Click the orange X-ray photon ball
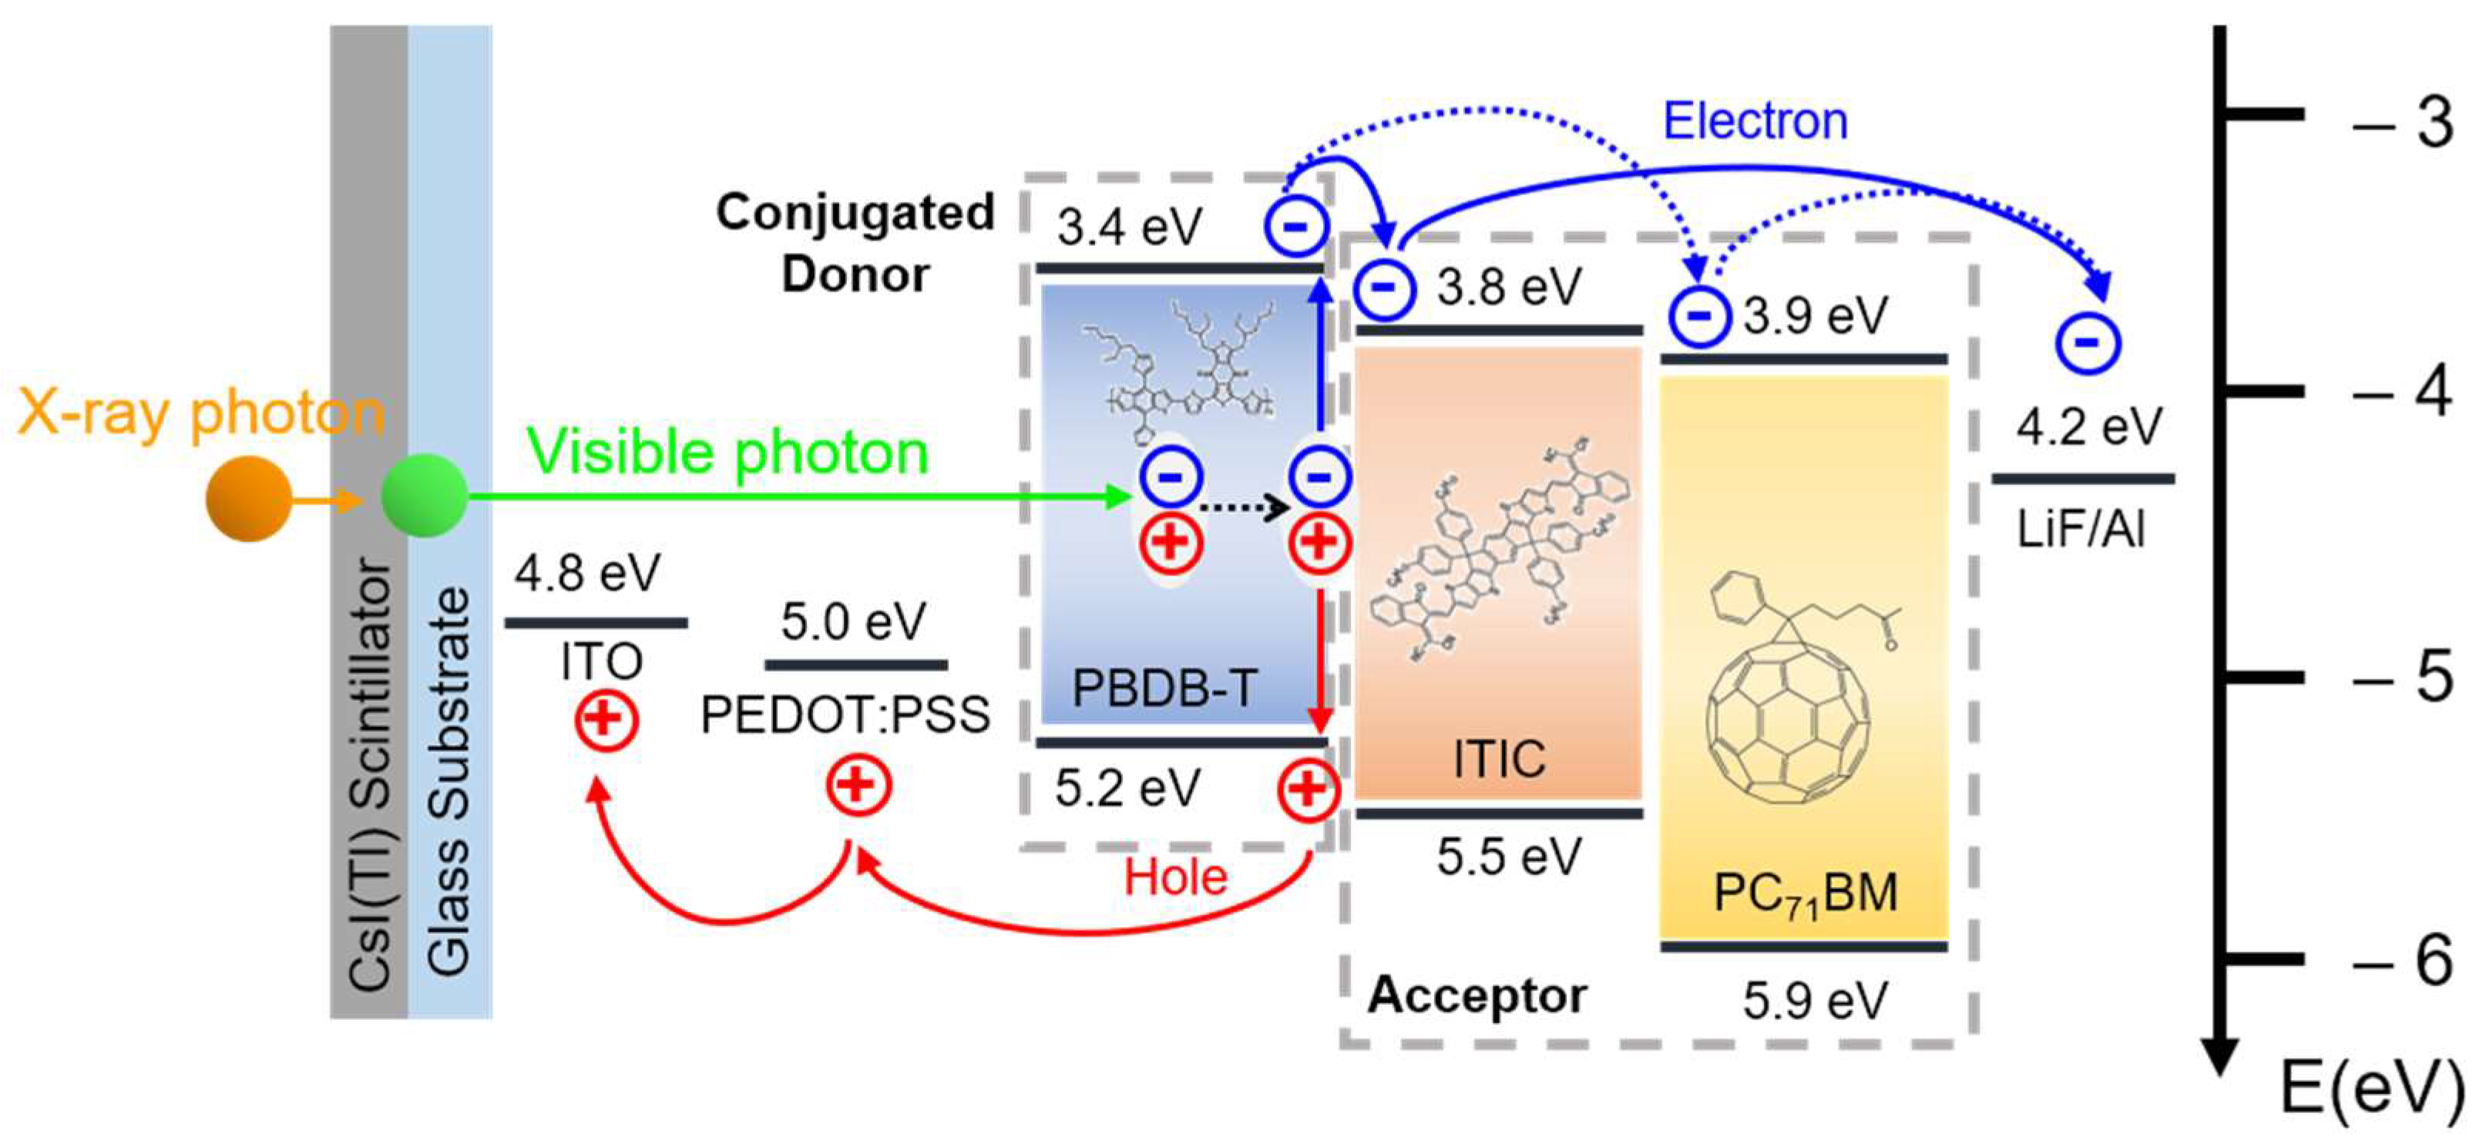(x=248, y=498)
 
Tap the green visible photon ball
(x=425, y=497)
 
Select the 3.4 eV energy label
(x=1129, y=227)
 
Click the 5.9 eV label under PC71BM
(x=1814, y=1000)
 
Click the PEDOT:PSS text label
(x=845, y=716)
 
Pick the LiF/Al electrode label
(x=2081, y=529)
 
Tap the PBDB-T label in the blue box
(x=1165, y=689)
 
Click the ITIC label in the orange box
(x=1499, y=759)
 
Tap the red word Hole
(x=1174, y=877)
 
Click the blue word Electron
(x=1755, y=122)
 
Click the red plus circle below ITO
(x=606, y=719)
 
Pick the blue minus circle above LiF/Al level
(x=2088, y=342)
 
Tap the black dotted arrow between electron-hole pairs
(x=1244, y=507)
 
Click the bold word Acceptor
(x=1476, y=995)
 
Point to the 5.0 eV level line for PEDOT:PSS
(x=856, y=665)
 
